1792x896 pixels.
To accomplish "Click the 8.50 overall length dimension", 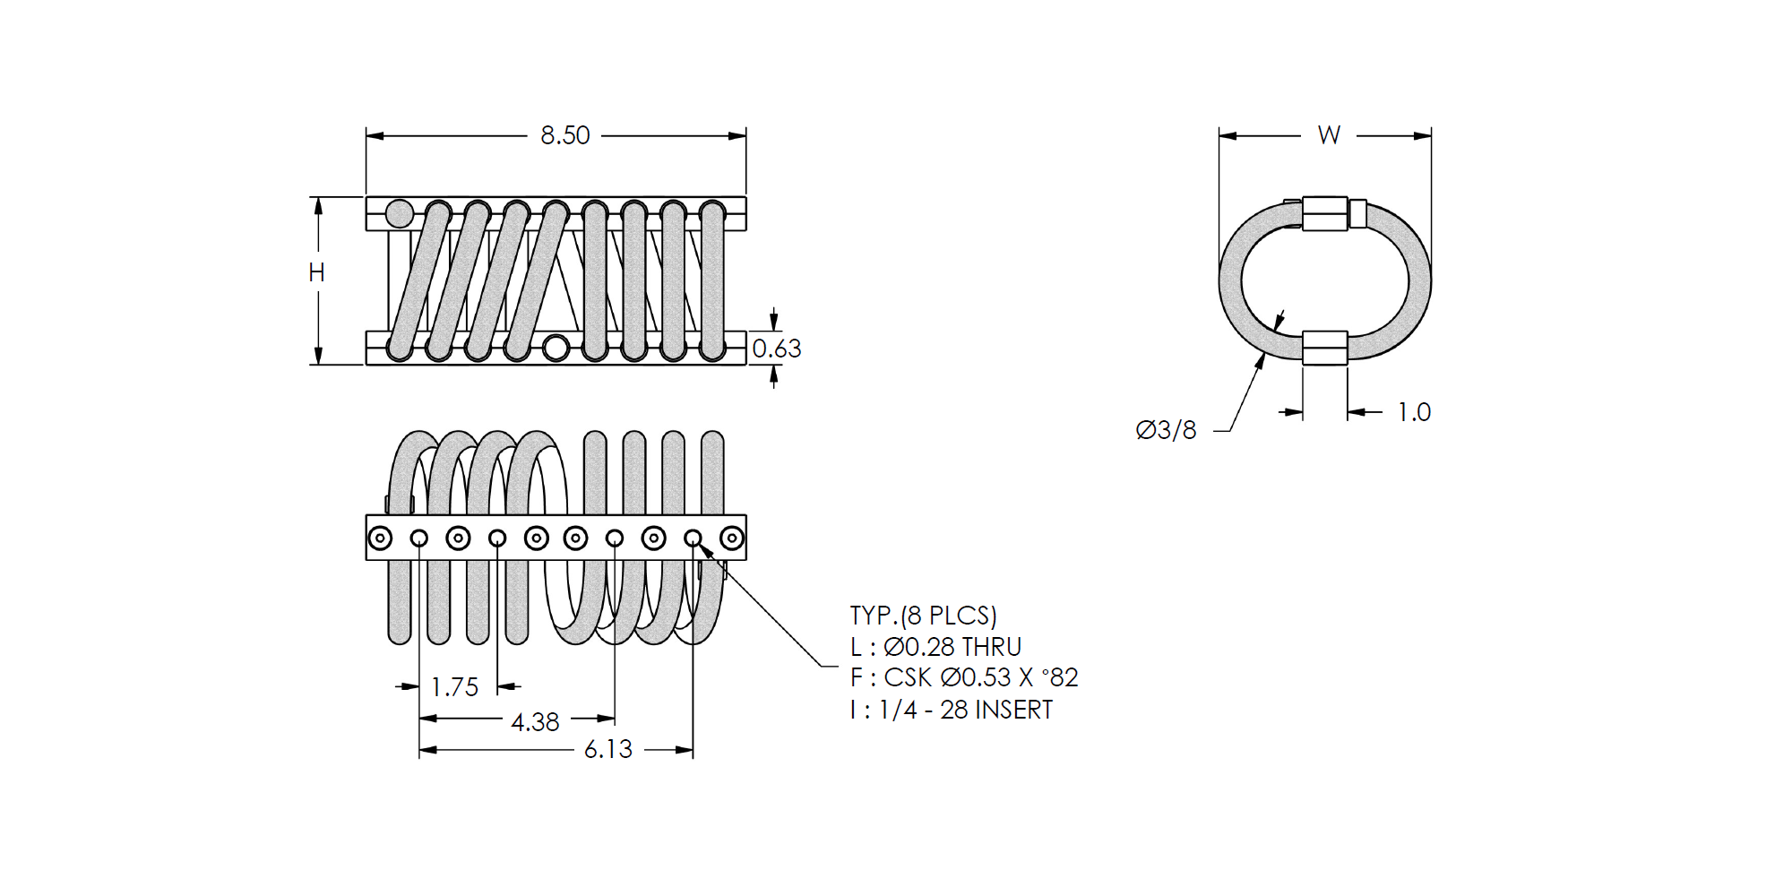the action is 565,135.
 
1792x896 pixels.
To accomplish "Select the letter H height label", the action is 316,272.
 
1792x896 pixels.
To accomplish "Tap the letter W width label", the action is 1329,135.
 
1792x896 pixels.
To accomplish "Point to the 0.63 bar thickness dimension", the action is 777,349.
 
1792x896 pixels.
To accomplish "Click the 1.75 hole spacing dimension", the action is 455,687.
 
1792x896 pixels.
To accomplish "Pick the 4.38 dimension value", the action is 535,722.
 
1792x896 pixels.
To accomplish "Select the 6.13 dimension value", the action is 608,749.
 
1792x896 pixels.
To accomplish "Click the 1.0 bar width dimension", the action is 1415,412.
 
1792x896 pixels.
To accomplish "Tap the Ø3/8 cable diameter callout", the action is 1166,430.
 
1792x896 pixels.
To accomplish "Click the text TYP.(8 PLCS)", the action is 924,616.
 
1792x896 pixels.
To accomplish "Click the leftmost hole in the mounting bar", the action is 380,538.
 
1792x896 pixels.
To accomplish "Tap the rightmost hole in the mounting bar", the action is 732,538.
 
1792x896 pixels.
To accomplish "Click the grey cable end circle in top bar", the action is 400,214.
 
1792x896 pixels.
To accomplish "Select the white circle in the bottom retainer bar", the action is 556,348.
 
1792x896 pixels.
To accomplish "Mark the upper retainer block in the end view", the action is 1325,214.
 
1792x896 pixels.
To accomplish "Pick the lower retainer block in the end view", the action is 1325,348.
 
